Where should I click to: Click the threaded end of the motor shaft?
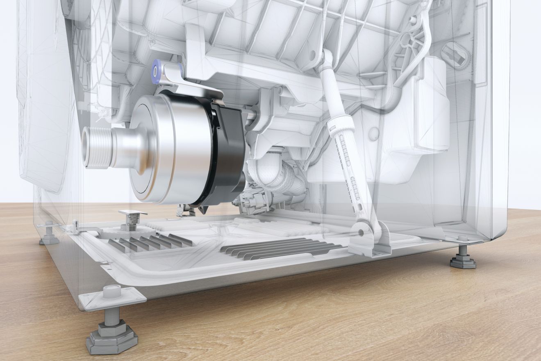(93, 147)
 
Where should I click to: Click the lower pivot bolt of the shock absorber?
(361, 232)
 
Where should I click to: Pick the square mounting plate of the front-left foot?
(112, 298)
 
